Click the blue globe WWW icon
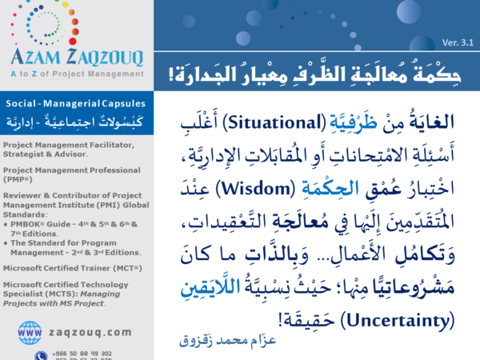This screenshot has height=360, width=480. pos(30,331)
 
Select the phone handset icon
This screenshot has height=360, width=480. pos(40,355)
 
